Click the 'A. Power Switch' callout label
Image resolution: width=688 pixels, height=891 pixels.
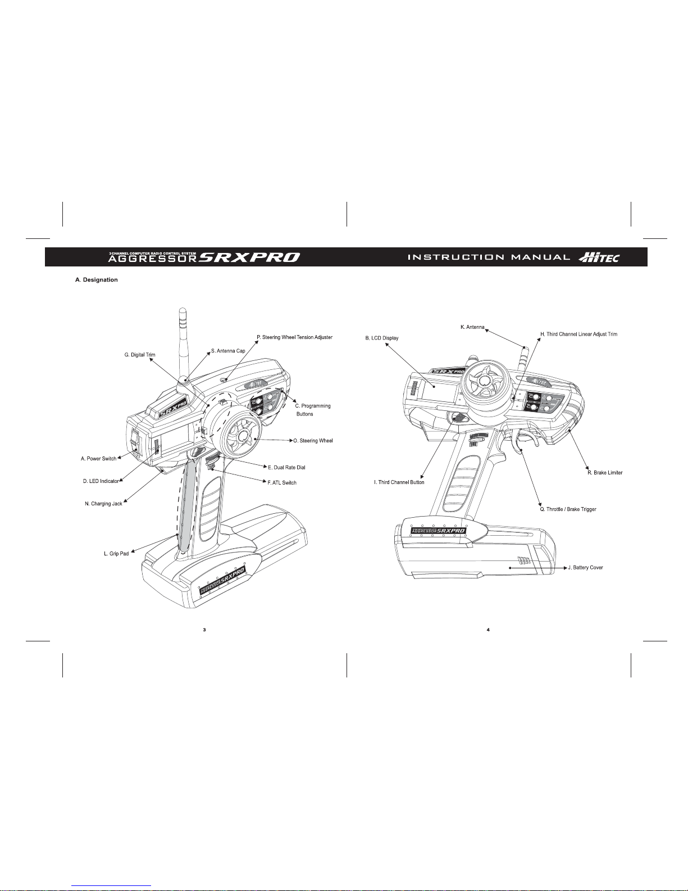98,459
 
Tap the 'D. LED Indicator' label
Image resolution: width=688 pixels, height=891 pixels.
101,481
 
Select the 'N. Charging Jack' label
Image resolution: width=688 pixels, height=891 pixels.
103,504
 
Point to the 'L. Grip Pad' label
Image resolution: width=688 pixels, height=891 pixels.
116,554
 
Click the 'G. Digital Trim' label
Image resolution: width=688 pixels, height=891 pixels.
139,355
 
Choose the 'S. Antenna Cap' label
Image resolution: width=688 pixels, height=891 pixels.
227,351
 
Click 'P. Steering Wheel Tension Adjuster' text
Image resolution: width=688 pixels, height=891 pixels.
294,337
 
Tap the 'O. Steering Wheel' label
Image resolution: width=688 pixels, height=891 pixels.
313,441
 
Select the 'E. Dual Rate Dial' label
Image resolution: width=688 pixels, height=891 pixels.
286,468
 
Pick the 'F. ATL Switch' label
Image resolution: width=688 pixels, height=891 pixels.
282,482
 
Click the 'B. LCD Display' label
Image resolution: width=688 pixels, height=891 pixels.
381,338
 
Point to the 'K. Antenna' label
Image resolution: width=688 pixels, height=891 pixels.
472,327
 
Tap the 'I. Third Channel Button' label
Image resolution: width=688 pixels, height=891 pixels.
399,482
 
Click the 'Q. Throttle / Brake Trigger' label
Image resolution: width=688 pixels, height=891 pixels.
568,509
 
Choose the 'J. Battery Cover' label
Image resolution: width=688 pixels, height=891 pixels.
585,568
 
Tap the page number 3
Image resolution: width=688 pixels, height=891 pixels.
204,630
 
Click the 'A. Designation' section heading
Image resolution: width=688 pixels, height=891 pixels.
97,280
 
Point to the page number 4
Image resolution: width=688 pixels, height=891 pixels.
488,630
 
